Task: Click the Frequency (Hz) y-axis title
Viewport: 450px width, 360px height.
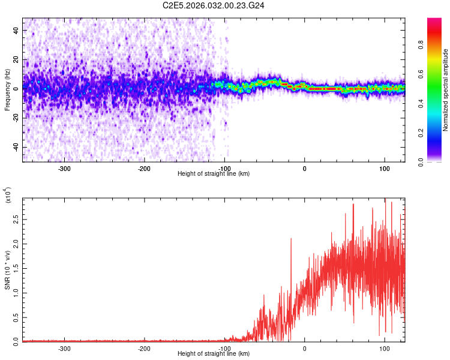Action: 7,89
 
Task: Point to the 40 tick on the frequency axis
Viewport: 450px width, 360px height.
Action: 16,29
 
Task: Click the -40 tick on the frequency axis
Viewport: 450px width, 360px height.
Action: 16,147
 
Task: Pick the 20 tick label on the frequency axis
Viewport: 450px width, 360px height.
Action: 16,59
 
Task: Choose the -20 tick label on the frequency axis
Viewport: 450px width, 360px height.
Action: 16,118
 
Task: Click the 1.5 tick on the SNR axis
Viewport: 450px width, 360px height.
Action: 16,268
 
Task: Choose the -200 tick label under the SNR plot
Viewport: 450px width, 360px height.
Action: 144,348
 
